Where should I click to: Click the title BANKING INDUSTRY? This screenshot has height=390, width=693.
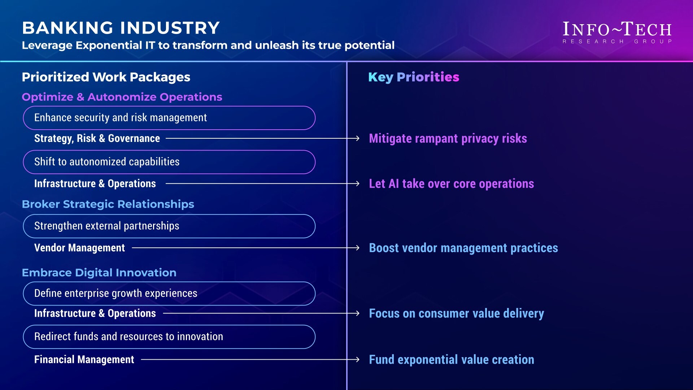click(121, 28)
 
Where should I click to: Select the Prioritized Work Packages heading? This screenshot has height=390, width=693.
click(106, 77)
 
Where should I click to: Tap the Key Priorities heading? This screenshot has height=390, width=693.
click(414, 77)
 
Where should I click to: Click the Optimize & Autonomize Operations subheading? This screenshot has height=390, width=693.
click(122, 97)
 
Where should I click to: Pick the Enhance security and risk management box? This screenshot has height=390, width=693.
click(169, 118)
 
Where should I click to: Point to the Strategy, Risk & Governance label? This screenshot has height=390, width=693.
click(97, 138)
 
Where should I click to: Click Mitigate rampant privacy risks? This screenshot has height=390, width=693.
click(448, 139)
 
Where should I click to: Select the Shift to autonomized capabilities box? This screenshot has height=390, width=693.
click(169, 162)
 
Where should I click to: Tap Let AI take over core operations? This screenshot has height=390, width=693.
click(451, 184)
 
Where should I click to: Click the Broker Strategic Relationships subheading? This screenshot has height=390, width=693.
click(108, 204)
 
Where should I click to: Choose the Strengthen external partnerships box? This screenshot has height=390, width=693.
click(169, 226)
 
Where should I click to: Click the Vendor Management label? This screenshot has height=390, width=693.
click(79, 248)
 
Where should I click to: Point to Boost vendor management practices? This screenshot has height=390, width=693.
click(463, 248)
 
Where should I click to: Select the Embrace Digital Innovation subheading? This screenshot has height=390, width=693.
click(99, 273)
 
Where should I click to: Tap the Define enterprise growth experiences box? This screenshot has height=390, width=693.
click(169, 294)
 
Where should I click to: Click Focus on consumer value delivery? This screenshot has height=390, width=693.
click(456, 313)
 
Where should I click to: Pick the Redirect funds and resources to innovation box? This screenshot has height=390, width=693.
click(169, 337)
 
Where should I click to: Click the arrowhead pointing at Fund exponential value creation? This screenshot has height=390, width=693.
click(357, 360)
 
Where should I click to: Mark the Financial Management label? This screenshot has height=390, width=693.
click(84, 360)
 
